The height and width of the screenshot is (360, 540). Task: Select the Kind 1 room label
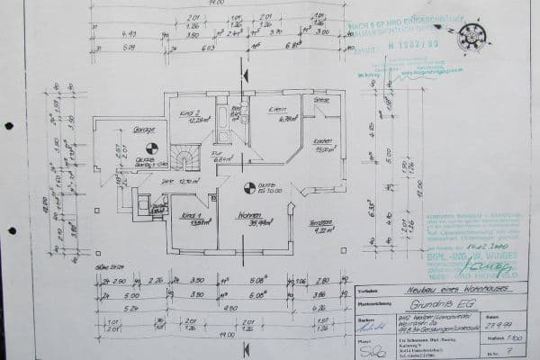[190, 217]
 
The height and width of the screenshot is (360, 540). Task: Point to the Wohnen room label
[248, 216]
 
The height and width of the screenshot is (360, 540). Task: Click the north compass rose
[471, 37]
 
